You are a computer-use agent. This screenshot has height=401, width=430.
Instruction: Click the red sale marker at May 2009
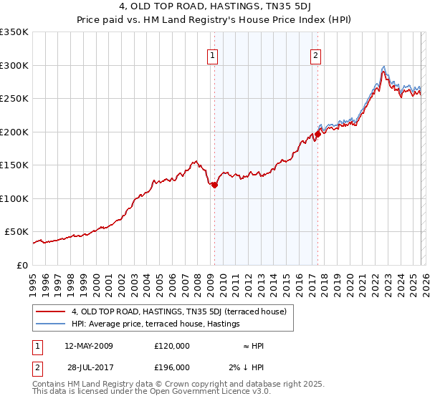pyautogui.click(x=214, y=185)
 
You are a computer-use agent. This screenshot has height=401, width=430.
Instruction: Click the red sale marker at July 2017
pyautogui.click(x=317, y=134)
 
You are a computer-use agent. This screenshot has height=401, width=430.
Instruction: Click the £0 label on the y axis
pyautogui.click(x=21, y=265)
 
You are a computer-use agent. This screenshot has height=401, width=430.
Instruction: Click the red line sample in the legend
pyautogui.click(x=50, y=311)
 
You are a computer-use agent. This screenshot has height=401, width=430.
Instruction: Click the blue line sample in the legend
pyautogui.click(x=50, y=324)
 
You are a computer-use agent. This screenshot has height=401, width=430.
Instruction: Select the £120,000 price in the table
pyautogui.click(x=172, y=346)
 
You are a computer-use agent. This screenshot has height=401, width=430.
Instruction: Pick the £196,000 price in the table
pyautogui.click(x=172, y=367)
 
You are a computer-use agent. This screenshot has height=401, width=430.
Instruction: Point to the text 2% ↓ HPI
pyautogui.click(x=247, y=367)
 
